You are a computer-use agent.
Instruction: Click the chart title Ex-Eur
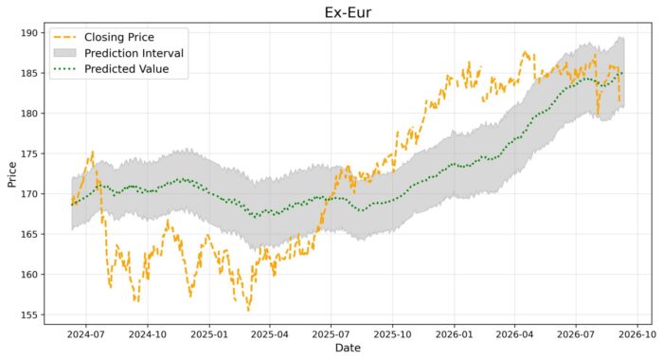[x=348, y=12]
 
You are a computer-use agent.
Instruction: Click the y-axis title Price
[x=11, y=174]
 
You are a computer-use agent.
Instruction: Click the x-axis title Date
[x=348, y=348]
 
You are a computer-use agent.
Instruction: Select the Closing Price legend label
[x=119, y=37]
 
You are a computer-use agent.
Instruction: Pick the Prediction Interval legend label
[x=134, y=53]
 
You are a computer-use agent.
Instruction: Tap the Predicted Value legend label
[x=126, y=69]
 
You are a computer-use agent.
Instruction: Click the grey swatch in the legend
[x=64, y=53]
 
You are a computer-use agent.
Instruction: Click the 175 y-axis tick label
[x=30, y=154]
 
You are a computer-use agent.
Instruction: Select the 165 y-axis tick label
[x=30, y=234]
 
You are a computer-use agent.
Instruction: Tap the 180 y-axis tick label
[x=30, y=114]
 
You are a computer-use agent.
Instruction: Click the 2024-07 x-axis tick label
[x=86, y=334]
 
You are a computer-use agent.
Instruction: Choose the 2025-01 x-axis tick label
[x=209, y=334]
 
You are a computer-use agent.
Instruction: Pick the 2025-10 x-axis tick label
[x=392, y=334]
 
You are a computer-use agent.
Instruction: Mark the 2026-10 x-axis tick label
[x=637, y=334]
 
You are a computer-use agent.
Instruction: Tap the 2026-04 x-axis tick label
[x=514, y=334]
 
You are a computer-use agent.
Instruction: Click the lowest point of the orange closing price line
[x=248, y=311]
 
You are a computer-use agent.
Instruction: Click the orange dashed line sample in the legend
[x=64, y=37]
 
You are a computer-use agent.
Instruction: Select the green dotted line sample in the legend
[x=64, y=69]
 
